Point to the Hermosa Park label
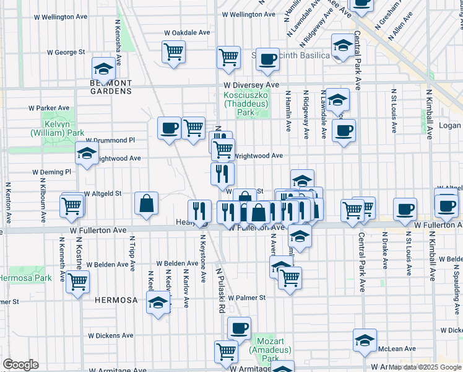point(26,278)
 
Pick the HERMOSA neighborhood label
point(116,300)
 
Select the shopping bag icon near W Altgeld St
point(146,203)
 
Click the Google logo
point(20,365)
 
